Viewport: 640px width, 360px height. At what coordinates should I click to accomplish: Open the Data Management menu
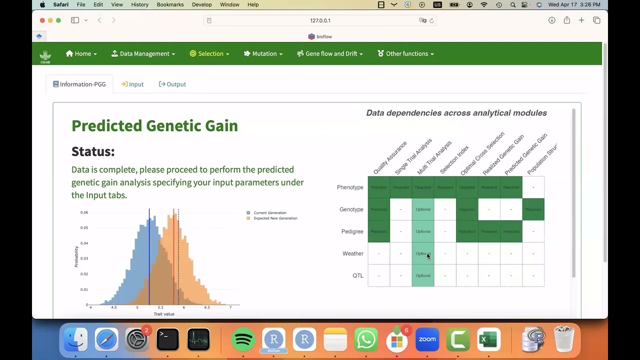tap(143, 54)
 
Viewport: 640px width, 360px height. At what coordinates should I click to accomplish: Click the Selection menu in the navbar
tap(209, 54)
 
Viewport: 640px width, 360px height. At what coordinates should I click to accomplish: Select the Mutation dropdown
tap(263, 54)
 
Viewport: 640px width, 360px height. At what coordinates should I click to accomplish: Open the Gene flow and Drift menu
tap(330, 54)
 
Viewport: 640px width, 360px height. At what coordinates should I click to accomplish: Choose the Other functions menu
tap(405, 54)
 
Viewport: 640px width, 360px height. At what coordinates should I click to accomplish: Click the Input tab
tap(132, 84)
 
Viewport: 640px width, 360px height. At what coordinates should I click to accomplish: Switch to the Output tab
tap(172, 84)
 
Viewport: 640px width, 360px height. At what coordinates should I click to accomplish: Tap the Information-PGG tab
tap(79, 84)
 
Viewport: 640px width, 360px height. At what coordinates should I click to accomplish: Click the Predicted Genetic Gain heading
tap(154, 125)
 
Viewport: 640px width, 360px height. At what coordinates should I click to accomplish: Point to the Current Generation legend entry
tap(269, 213)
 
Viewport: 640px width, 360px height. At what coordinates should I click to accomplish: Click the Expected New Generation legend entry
tap(275, 218)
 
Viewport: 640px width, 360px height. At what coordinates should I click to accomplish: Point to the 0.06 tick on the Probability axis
tap(84, 212)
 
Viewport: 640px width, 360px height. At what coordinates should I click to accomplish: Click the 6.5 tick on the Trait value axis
tap(207, 307)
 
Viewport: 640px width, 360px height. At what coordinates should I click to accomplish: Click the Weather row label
tap(352, 254)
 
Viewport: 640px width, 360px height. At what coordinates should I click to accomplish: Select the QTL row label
tap(357, 276)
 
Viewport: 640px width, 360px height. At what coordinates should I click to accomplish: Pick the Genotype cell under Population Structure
tap(533, 209)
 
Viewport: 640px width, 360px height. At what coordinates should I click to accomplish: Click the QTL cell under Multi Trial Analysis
tap(423, 275)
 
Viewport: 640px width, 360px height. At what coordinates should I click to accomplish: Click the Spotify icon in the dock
tap(243, 340)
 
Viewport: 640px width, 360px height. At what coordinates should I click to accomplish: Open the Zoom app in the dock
tap(427, 340)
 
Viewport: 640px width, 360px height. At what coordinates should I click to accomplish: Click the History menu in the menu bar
tap(139, 5)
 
